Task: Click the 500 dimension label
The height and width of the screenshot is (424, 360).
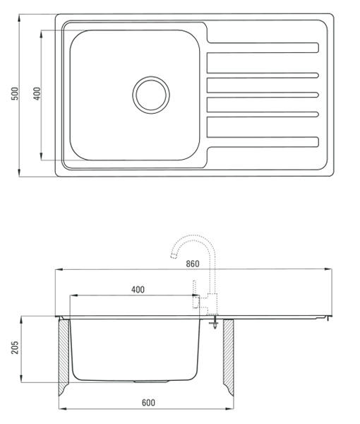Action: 15,93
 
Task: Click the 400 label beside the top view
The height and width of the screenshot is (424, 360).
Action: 37,93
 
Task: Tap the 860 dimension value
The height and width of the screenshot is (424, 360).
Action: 193,264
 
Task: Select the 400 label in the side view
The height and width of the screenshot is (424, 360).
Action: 138,290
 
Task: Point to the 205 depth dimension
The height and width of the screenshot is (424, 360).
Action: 15,347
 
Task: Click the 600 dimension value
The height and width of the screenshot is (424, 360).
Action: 148,403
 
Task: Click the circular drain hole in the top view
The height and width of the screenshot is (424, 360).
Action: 151,95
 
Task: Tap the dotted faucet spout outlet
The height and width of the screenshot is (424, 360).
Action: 174,256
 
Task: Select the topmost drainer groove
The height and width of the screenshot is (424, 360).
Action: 263,47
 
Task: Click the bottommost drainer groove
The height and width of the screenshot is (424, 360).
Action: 263,142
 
